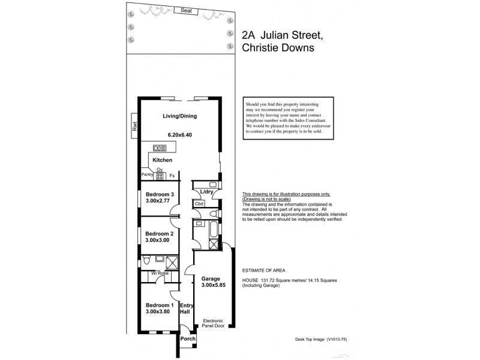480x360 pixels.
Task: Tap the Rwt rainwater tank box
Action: [x=135, y=126]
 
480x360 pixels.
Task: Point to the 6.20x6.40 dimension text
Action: [x=179, y=135]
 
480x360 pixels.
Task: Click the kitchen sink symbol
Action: [x=160, y=148]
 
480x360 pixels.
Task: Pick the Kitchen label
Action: [x=162, y=160]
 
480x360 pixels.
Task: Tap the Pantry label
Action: [x=147, y=175]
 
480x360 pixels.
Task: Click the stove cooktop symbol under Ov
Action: [x=160, y=176]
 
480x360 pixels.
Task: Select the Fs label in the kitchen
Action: [x=172, y=176]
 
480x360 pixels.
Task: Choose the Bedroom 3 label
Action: [x=160, y=194]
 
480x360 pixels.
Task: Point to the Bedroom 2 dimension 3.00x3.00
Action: [x=157, y=240]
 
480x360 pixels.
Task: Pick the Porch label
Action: [x=188, y=338]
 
